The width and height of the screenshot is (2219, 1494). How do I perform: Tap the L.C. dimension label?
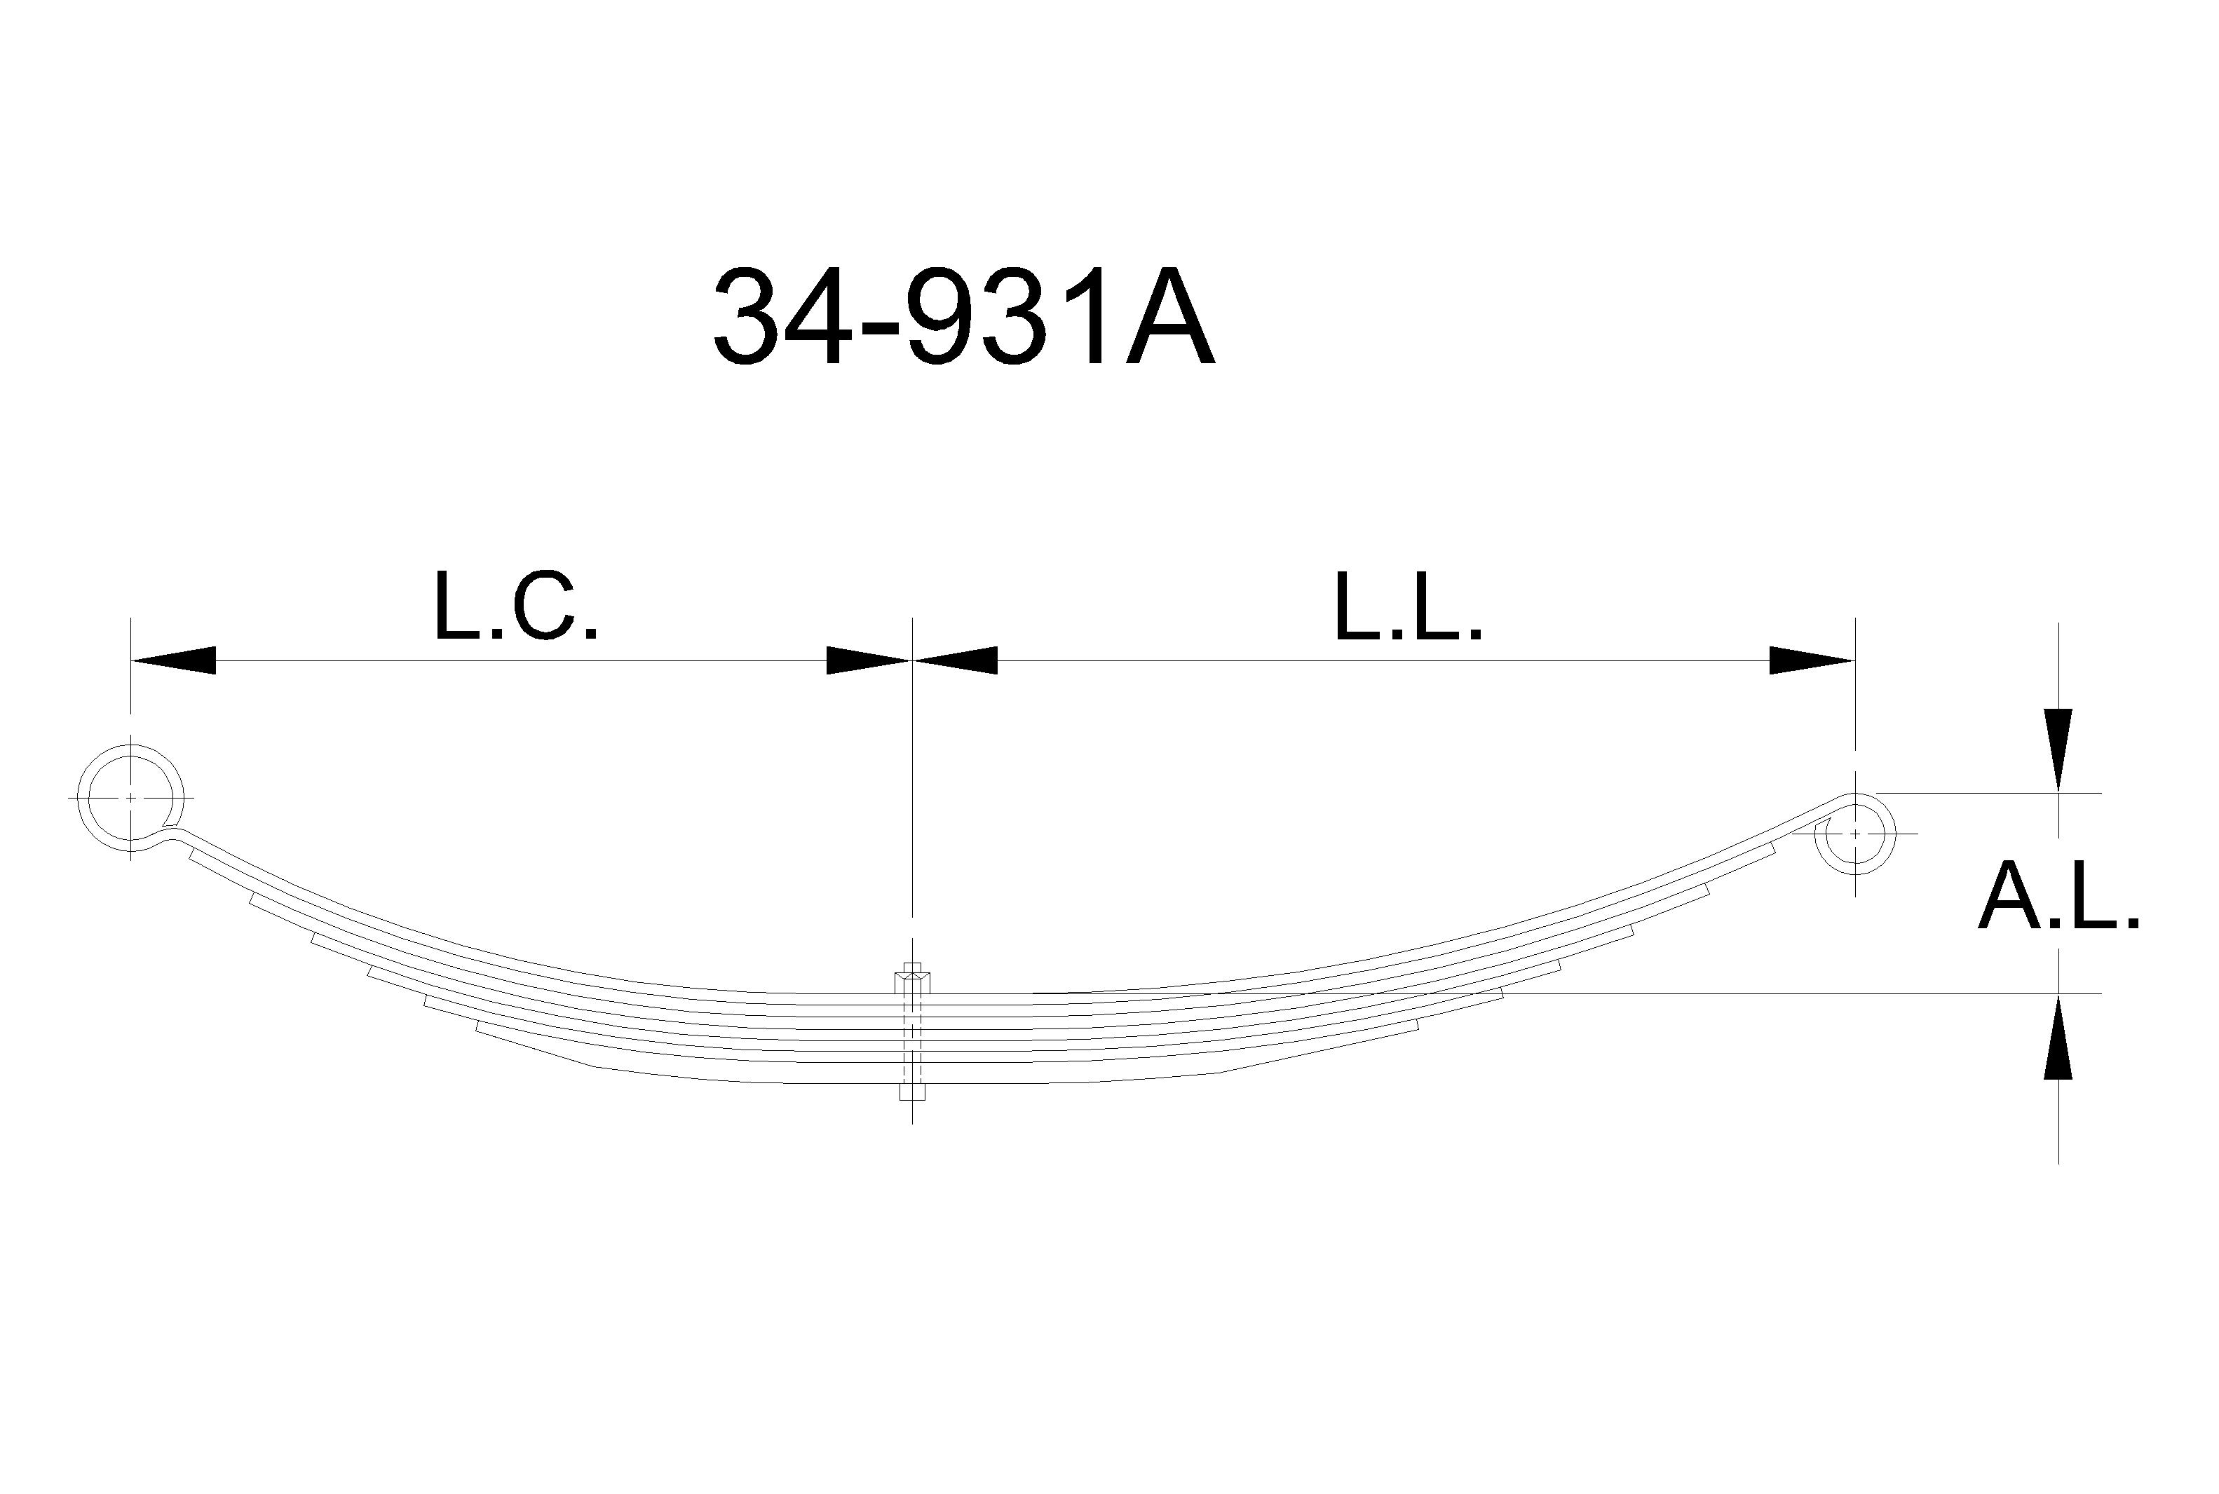click(x=515, y=605)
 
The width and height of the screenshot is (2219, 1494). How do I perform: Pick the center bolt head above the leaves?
click(x=912, y=979)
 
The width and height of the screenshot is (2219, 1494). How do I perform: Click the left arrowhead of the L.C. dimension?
click(x=172, y=660)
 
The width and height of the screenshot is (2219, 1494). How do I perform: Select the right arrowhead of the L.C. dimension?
click(x=869, y=660)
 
